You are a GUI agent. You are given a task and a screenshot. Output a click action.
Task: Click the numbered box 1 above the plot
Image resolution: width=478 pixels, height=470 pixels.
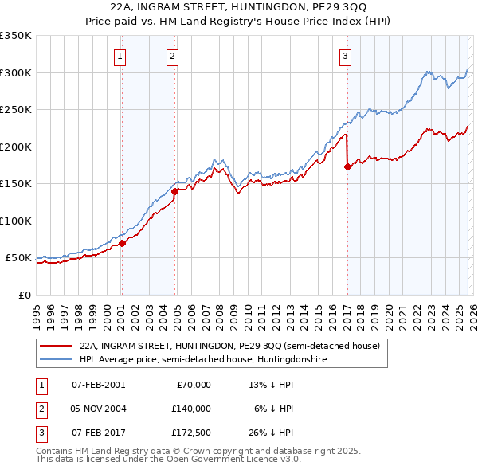click(x=119, y=56)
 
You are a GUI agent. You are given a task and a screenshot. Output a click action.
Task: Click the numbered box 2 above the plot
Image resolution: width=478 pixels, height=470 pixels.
click(x=173, y=56)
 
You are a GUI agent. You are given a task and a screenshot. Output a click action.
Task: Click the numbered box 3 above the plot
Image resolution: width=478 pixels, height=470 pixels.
click(x=345, y=56)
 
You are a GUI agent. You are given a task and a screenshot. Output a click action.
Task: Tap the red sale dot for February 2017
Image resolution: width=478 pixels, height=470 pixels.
click(x=347, y=166)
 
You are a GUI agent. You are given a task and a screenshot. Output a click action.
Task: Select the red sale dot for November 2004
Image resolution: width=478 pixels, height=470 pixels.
click(x=175, y=191)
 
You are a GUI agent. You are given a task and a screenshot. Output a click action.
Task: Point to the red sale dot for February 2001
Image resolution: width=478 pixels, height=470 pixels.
click(x=122, y=243)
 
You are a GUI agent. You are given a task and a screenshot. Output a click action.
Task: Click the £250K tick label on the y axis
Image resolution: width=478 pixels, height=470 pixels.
click(x=16, y=110)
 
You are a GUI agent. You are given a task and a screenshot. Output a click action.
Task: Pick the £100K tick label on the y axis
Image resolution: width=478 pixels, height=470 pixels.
click(x=16, y=221)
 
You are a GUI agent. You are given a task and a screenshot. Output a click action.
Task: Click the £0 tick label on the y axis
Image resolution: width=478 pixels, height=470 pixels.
click(x=24, y=295)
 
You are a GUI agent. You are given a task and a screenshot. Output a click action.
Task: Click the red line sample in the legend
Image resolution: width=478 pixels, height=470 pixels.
click(x=57, y=346)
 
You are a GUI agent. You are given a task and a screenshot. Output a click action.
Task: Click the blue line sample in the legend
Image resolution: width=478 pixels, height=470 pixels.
click(x=57, y=359)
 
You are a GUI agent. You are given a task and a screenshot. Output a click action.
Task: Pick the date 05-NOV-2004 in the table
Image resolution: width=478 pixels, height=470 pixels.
click(x=98, y=409)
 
